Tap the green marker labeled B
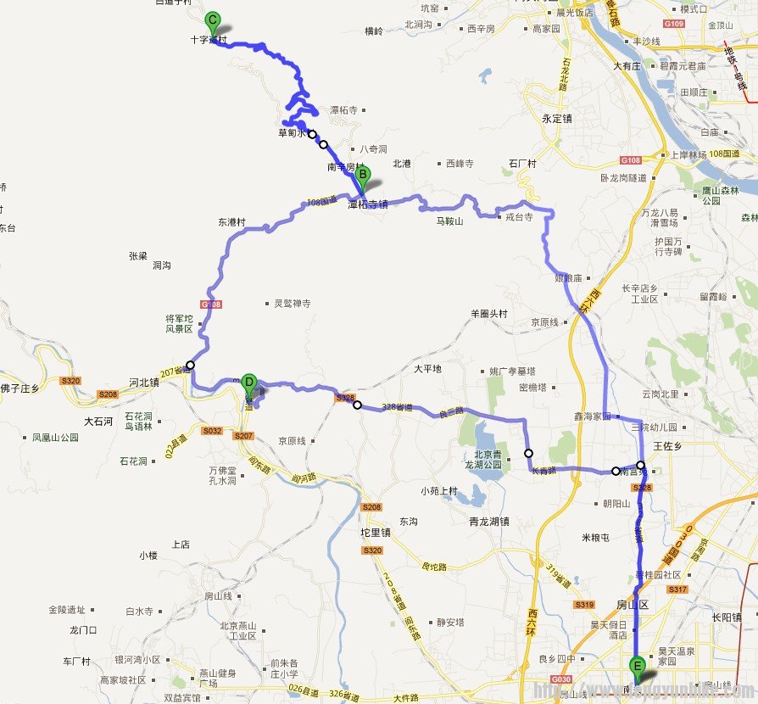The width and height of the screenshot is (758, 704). pyautogui.click(x=363, y=176)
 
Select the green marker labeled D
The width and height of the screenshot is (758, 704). pyautogui.click(x=248, y=383)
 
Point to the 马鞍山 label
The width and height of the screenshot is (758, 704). pyautogui.click(x=449, y=221)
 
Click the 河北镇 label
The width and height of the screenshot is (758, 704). pyautogui.click(x=143, y=382)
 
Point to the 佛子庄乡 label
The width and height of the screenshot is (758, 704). pyautogui.click(x=20, y=388)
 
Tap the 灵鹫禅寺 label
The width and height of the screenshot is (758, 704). pyautogui.click(x=293, y=303)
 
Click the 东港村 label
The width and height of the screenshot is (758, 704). pyautogui.click(x=231, y=222)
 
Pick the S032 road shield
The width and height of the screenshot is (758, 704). pyautogui.click(x=212, y=432)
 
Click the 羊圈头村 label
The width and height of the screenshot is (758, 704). pyautogui.click(x=488, y=313)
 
